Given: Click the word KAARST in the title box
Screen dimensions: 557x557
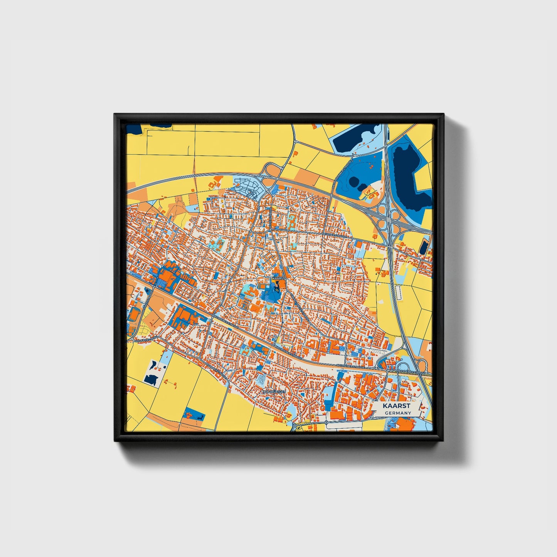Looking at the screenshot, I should tap(397, 406).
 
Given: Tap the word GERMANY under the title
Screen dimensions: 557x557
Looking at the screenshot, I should tap(397, 413).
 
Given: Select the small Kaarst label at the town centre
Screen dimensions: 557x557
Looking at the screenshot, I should tap(278, 278).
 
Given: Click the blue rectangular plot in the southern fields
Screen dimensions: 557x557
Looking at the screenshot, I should tap(194, 413).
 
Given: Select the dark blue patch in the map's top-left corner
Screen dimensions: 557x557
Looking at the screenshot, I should tap(134, 129).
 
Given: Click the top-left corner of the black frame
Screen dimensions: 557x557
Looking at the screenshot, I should tap(115, 115).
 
